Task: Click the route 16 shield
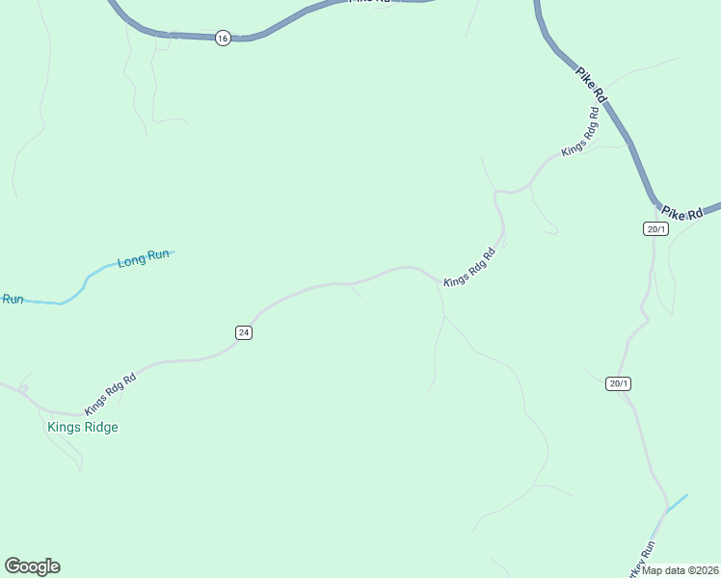[x=223, y=39]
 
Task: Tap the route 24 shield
[x=243, y=332]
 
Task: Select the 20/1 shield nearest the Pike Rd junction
[x=656, y=228]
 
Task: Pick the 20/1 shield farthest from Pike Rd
[x=619, y=383]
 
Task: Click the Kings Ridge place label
[x=83, y=427]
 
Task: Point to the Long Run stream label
[x=144, y=259]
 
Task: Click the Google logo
[x=32, y=566]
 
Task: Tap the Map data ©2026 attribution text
[x=681, y=570]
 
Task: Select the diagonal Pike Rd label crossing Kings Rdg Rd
[x=591, y=83]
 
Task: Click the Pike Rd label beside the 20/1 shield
[x=682, y=214]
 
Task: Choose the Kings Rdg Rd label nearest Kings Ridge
[x=110, y=394]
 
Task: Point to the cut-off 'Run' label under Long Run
[x=12, y=300]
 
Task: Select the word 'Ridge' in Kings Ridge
[x=100, y=427]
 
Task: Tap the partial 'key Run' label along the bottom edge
[x=644, y=557]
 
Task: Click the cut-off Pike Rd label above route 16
[x=372, y=2]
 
